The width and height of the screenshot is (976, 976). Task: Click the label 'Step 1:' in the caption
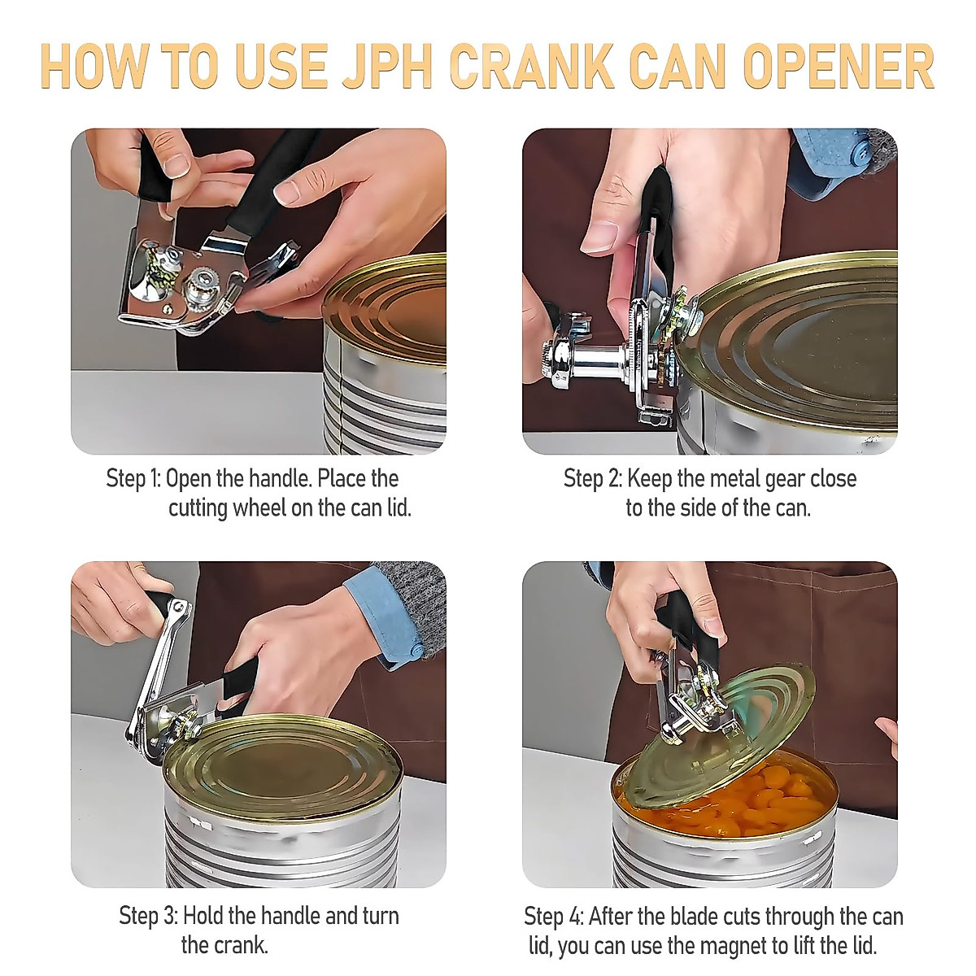coord(133,478)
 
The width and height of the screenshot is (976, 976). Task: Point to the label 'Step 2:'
coord(592,478)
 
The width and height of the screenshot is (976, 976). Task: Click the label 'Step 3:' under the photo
coord(147,916)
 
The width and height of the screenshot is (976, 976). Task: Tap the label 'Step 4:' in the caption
coord(553,917)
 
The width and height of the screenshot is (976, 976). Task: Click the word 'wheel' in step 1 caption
coord(259,508)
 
